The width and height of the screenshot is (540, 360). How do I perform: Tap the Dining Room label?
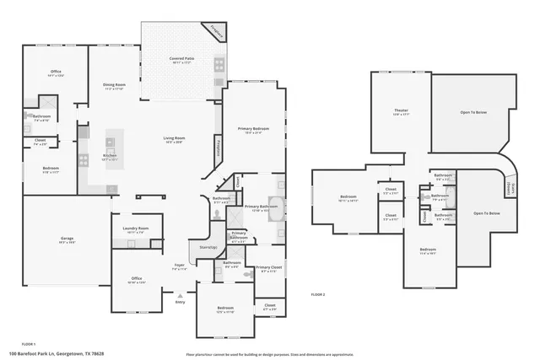coord(114,85)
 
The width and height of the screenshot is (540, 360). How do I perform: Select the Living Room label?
coord(175,139)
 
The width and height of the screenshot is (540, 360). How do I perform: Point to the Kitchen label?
coord(110,156)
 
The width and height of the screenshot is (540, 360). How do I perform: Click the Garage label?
coord(67,239)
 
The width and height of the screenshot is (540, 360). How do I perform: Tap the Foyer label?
coord(180,266)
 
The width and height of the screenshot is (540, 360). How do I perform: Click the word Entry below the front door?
coord(180,302)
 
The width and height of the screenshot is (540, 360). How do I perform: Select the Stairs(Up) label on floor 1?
coord(208,247)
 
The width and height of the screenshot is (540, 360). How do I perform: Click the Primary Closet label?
coord(268,269)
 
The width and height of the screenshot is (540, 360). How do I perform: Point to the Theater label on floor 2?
coord(401,111)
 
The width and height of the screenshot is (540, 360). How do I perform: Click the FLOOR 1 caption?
coord(28,344)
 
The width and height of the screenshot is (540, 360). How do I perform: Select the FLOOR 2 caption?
coord(318,294)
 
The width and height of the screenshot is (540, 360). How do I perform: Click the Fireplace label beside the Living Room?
coord(219,149)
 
